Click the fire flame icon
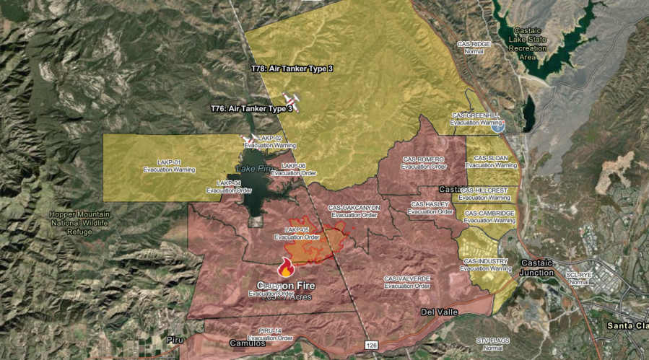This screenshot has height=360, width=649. [286, 268]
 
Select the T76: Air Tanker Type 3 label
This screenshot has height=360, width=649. [252, 108]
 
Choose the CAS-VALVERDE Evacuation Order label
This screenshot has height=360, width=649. [407, 282]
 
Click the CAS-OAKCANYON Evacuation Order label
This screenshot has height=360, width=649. [354, 211]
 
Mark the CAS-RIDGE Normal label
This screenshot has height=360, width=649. [475, 48]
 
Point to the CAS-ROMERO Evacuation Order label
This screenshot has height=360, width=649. [423, 162]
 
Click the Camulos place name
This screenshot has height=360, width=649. [248, 344]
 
